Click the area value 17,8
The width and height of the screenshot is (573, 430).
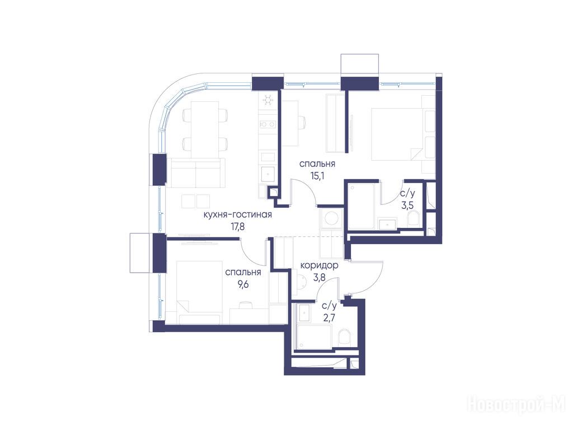click(237, 227)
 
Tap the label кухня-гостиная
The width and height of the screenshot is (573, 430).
click(237, 214)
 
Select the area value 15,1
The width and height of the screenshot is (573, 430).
click(317, 176)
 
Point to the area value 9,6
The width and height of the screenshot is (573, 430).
click(243, 284)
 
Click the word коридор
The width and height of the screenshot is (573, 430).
click(319, 265)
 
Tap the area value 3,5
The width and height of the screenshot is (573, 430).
click(407, 205)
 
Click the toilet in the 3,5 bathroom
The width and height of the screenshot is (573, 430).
click(413, 219)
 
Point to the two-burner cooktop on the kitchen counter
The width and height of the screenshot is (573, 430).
click(267, 124)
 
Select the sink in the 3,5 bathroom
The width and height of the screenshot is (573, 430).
click(387, 223)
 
